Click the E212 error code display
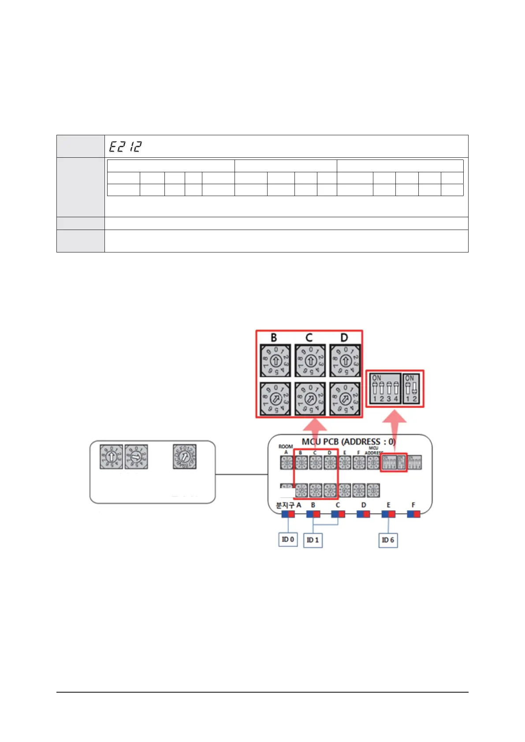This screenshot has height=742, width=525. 126,146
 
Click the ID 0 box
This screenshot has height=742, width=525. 288,540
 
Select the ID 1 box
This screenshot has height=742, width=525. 313,540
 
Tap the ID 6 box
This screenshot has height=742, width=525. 388,540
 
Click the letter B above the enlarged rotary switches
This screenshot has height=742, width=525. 274,338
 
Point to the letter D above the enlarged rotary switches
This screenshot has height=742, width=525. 344,338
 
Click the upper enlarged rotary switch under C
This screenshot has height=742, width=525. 310,361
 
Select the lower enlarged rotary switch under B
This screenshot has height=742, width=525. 275,399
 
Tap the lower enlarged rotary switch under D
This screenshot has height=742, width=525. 345,399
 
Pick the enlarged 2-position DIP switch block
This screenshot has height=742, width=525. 411,389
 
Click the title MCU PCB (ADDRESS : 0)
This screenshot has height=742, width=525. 348,442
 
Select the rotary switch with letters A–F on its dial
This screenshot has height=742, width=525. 185,457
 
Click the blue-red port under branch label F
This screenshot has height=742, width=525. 413,514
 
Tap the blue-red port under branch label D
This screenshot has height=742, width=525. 363,514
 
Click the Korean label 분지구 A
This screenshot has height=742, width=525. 288,505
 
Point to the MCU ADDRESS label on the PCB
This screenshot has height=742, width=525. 374,450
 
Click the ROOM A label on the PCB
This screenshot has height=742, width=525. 286,449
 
